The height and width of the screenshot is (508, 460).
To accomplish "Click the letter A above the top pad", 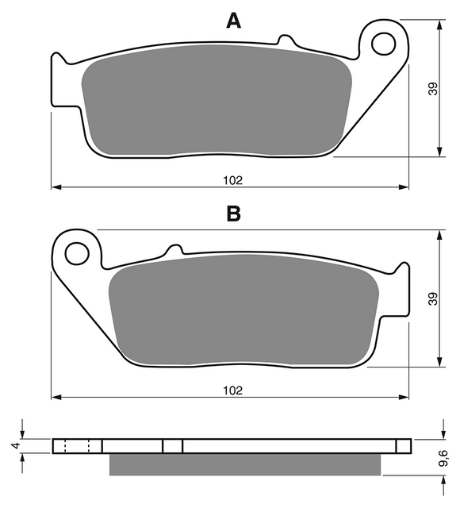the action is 233,21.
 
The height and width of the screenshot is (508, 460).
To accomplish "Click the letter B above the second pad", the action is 233,214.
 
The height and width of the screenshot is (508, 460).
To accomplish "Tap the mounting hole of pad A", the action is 384,44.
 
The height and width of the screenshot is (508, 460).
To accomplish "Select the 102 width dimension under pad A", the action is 232,180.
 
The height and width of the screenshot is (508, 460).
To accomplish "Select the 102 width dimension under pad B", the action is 232,391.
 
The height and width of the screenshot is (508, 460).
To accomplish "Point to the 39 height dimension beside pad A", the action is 433,88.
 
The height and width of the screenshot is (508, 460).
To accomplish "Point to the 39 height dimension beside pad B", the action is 433,298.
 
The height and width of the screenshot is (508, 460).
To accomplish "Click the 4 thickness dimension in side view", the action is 16,446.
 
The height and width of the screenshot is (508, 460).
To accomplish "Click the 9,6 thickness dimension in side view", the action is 443,458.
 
